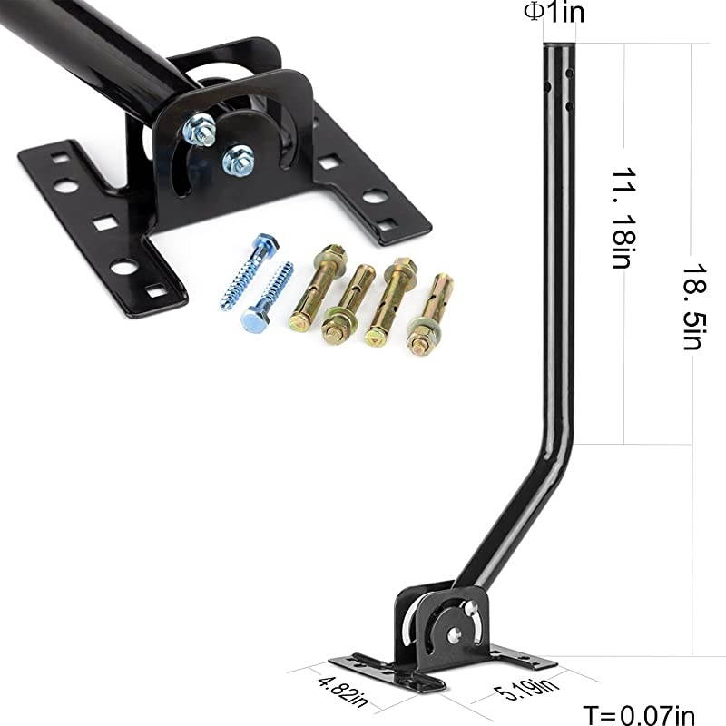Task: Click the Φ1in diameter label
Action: pos(548,13)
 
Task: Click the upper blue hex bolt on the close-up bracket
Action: pos(199,130)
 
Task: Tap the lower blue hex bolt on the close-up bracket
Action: pos(238,159)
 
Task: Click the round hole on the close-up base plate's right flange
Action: pos(374,195)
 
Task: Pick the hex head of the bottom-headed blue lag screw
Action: pos(253,319)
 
